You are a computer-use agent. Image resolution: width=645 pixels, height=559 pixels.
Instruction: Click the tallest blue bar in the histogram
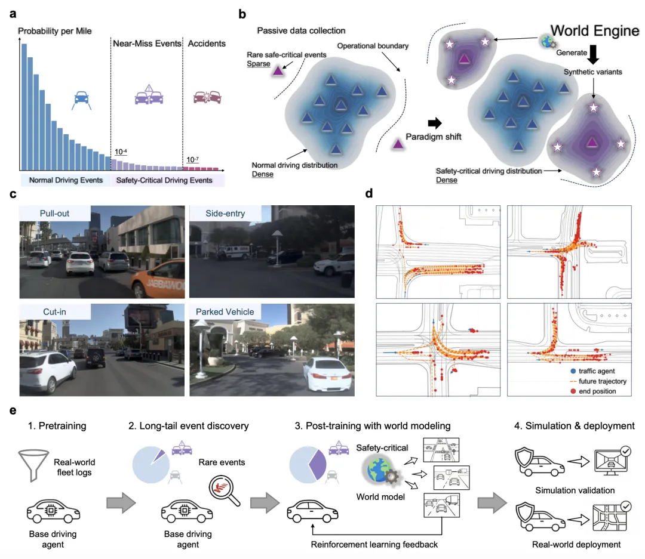click(x=24, y=107)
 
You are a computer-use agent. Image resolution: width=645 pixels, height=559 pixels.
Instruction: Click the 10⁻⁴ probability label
click(x=121, y=152)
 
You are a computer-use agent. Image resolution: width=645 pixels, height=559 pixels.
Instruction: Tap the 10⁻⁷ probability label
click(x=192, y=159)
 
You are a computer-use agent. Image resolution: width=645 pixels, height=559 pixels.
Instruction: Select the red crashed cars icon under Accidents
click(x=207, y=98)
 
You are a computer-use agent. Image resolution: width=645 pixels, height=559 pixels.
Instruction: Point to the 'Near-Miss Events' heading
click(x=147, y=44)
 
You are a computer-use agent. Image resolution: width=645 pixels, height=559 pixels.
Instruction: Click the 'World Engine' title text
click(x=595, y=30)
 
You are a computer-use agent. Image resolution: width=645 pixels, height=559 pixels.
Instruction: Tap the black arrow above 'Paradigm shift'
click(x=435, y=122)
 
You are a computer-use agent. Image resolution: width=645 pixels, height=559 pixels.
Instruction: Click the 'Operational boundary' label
click(x=373, y=45)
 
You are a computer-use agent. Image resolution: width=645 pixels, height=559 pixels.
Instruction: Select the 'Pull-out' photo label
click(x=54, y=214)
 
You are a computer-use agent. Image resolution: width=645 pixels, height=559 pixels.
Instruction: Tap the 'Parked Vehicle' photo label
click(x=225, y=312)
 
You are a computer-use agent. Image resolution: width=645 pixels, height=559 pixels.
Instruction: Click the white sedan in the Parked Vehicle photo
click(x=328, y=374)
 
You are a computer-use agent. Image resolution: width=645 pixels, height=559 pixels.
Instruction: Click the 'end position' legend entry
click(x=593, y=391)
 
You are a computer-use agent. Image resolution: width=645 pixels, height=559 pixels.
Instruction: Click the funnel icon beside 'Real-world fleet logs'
click(x=33, y=465)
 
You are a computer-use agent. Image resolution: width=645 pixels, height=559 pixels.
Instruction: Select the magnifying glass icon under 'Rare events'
click(x=224, y=491)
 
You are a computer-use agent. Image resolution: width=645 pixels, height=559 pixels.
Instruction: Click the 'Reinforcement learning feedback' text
click(x=374, y=545)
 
